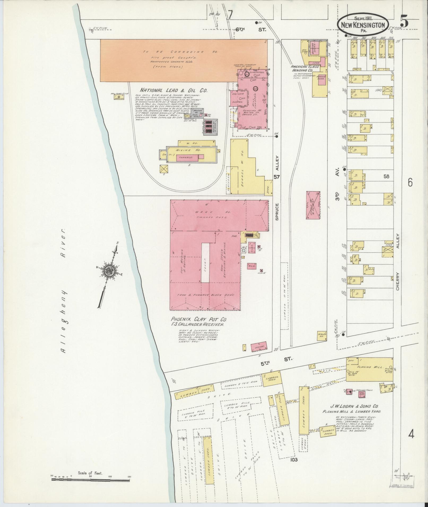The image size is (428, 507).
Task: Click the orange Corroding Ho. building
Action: pos(183,60)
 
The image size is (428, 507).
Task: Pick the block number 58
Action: pos(386,176)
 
